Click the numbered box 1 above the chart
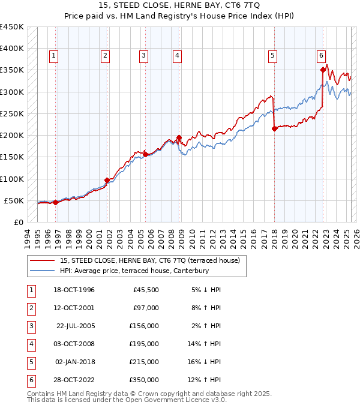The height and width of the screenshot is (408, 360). pos(54,56)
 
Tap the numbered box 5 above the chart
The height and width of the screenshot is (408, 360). pos(273,56)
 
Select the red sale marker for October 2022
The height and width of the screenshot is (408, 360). pos(323,70)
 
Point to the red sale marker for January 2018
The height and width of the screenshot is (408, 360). pos(274,128)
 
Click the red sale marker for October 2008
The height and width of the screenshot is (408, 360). pos(179,137)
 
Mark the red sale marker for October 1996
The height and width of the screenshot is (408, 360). pos(55,202)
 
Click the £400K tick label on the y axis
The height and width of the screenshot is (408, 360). pos(11,49)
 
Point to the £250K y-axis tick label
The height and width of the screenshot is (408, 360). pos(11,113)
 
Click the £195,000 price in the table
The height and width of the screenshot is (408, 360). pos(145,344)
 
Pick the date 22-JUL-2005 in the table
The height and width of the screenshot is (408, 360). pos(75,326)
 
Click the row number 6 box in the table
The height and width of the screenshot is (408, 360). pos(30,380)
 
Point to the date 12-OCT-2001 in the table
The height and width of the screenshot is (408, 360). pos(74,308)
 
